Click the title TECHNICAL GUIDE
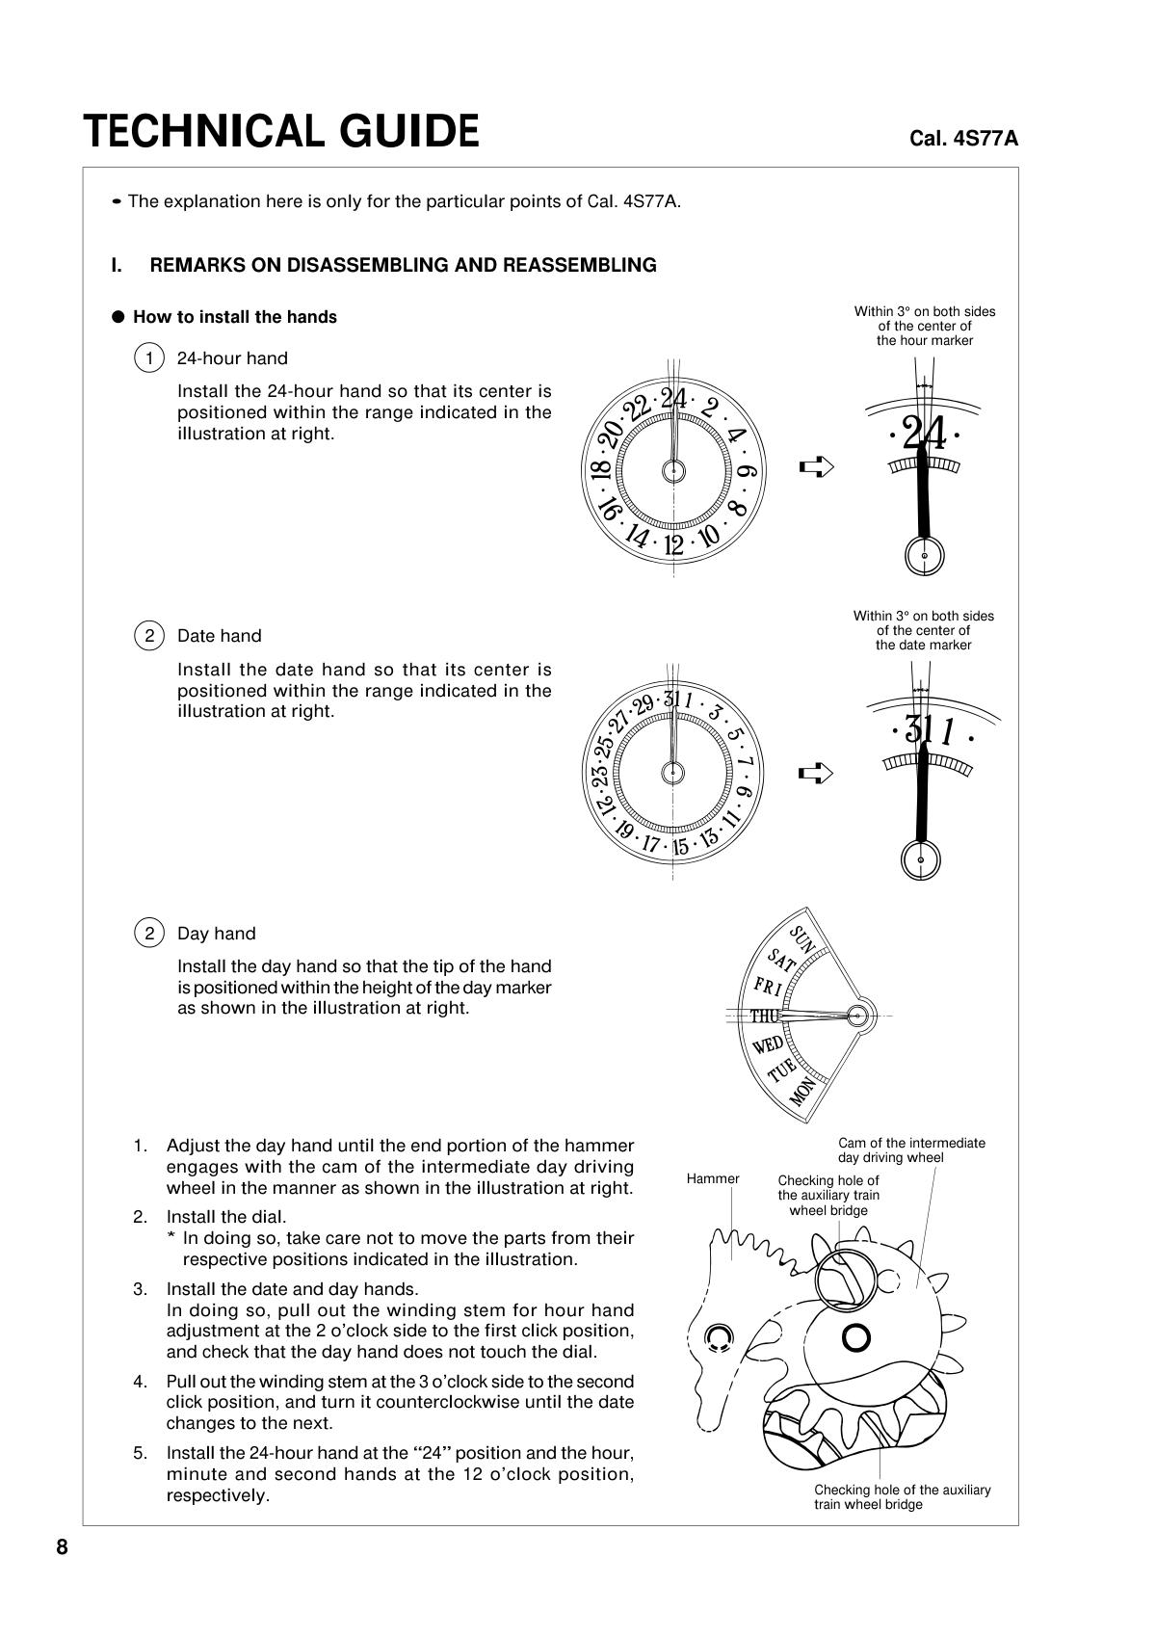280,132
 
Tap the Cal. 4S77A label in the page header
963,139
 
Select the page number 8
63,1547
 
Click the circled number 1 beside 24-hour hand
149,358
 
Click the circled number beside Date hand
149,636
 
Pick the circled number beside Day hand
149,934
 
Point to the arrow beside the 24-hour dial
816,467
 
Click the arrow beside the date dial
816,773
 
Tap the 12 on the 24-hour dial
673,545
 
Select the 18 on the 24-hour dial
599,471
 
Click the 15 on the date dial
680,848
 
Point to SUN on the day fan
802,939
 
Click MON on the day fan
803,1092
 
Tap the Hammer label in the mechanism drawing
713,1178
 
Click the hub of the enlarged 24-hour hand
925,556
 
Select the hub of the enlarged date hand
921,859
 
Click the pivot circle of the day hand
856,1015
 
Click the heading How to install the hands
234,317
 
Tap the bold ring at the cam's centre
856,1337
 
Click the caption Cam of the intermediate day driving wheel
911,1150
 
